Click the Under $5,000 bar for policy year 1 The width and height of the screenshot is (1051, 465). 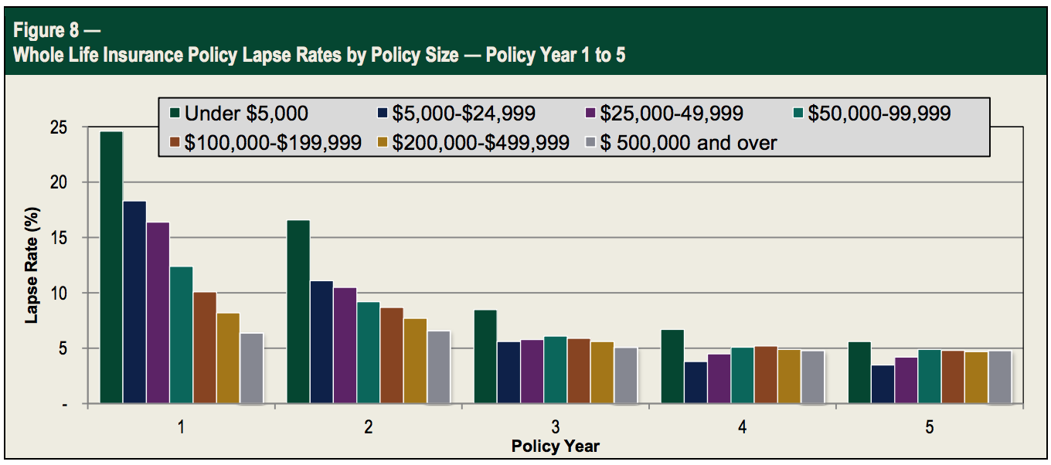coord(111,267)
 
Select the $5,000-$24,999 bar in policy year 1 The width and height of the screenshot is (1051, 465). coord(134,302)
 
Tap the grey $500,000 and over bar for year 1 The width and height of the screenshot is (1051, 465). coord(252,368)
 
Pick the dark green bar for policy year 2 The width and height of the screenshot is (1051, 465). coord(298,312)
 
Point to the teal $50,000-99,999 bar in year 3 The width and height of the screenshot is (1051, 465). coord(556,370)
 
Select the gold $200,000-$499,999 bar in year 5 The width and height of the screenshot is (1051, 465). coord(976,378)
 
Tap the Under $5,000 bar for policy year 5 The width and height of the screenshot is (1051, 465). coord(859,373)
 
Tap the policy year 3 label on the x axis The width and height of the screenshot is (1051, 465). coord(556,427)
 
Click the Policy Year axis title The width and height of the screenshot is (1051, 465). coord(555,446)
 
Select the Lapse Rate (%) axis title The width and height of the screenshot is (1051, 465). coord(32,267)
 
